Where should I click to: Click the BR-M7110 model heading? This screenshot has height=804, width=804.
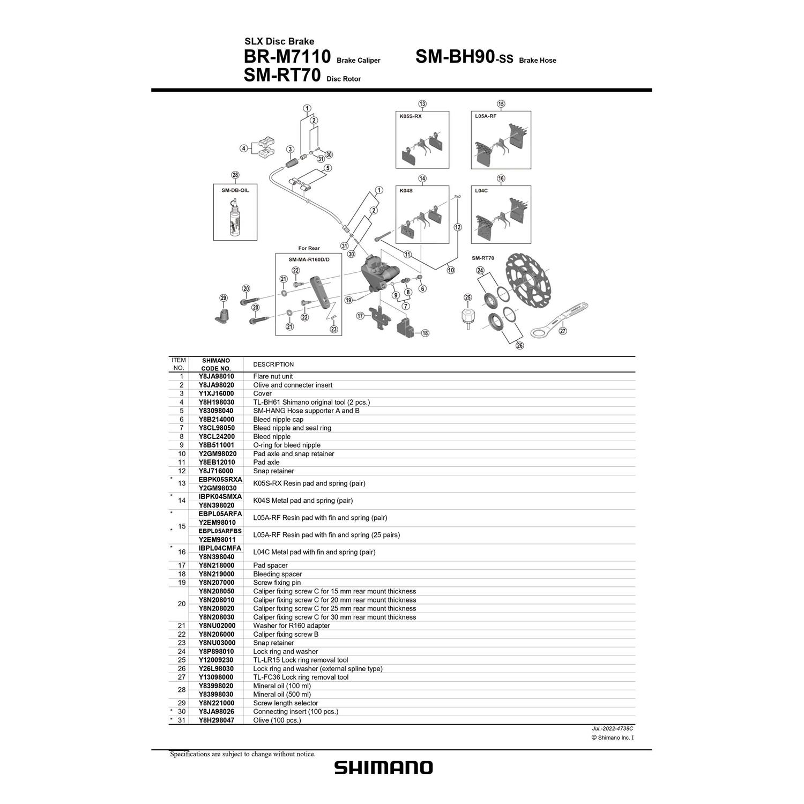point(287,56)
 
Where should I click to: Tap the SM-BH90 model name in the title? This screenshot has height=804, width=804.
point(454,56)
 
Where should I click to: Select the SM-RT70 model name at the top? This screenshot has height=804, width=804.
point(282,76)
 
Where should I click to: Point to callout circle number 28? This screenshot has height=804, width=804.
point(235,175)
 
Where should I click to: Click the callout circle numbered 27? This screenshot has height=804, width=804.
point(562,331)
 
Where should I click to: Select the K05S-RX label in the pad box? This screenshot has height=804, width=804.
point(411,116)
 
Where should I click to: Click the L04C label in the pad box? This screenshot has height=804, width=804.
point(481,190)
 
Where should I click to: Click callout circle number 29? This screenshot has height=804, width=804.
point(224,298)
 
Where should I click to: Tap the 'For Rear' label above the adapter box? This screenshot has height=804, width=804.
point(309,248)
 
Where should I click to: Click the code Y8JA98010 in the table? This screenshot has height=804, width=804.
point(216,376)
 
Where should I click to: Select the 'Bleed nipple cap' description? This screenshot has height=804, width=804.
point(278,419)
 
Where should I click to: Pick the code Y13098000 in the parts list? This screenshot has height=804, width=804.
point(216,677)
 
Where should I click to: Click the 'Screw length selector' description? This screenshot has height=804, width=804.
point(285,703)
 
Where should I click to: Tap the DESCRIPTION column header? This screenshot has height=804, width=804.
point(273,364)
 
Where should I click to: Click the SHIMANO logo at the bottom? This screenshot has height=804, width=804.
point(383,767)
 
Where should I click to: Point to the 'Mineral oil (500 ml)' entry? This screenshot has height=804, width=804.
point(281,694)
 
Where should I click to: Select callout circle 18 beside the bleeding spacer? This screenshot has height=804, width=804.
point(425,333)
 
